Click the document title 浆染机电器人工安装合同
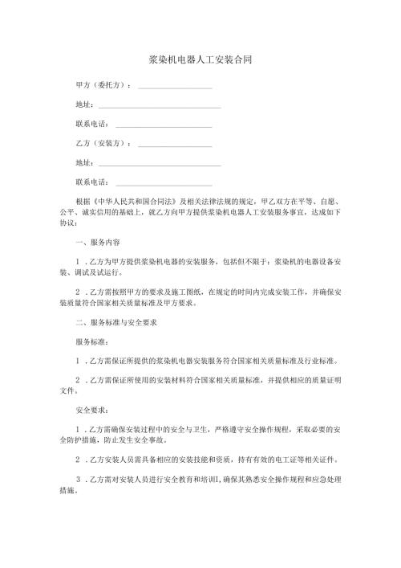[x=200, y=60]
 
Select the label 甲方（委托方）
[x=103, y=85]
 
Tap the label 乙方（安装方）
[x=103, y=144]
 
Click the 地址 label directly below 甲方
[x=83, y=104]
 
